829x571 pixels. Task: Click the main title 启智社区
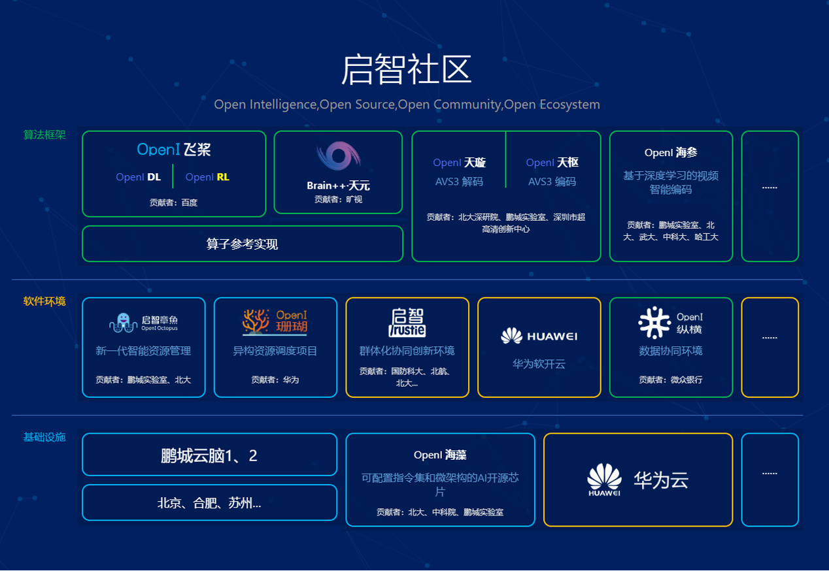406,69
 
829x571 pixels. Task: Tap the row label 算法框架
44,135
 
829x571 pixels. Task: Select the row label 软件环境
44,301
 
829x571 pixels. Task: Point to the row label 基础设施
44,437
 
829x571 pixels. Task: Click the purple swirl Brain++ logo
338,155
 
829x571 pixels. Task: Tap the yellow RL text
223,177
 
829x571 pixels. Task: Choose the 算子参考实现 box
243,244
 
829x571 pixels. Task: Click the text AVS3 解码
459,182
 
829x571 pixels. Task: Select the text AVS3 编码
552,182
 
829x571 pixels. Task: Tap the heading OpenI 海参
671,152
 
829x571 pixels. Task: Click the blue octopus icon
123,323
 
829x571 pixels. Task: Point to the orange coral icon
256,321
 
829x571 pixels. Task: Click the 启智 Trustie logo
407,323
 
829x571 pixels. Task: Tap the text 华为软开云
539,364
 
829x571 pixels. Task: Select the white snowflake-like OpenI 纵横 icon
654,323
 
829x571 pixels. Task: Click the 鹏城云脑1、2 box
209,455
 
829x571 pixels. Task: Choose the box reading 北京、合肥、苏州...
209,502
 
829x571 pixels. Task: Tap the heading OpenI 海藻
440,455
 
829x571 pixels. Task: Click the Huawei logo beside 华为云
604,480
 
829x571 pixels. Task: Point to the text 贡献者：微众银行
671,380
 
